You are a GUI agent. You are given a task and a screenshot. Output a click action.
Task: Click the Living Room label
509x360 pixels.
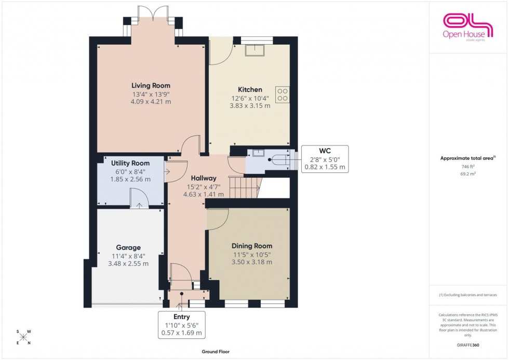pos(151,86)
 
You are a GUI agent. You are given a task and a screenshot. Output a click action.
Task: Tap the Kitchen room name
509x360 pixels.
pos(250,89)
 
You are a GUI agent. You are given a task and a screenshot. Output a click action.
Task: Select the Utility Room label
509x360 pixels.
pos(130,163)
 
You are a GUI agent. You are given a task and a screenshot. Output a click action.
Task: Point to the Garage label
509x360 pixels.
pos(128,248)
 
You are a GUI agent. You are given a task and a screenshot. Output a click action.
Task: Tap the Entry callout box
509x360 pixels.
pos(182,325)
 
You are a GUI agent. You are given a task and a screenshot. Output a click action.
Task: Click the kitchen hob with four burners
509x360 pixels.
pos(283,94)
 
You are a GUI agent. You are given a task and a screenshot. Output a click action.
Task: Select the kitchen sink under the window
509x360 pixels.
pos(256,50)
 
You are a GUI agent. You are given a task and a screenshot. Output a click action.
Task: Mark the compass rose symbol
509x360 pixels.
pos(23,337)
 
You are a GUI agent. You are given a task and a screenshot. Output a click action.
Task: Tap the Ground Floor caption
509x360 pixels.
pos(216,352)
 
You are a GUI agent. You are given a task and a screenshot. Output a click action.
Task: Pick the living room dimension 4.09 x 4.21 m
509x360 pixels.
pos(151,102)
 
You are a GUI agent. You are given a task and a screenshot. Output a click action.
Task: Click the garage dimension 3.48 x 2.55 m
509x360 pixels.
pos(128,263)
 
